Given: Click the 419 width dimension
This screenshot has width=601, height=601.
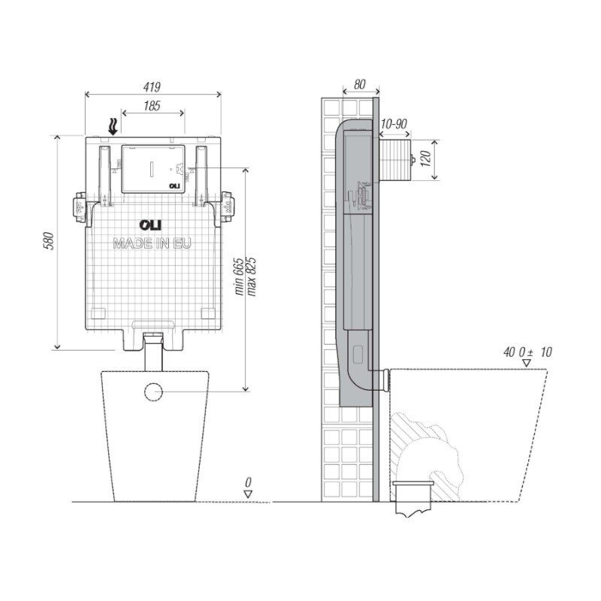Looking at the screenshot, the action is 152,87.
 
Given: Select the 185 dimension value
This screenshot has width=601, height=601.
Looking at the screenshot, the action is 152,106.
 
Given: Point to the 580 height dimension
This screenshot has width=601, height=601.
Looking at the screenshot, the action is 50,241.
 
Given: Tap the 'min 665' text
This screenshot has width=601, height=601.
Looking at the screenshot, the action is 239,276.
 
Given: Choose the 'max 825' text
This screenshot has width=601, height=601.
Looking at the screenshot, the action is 252,276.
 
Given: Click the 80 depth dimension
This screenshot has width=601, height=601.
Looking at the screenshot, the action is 360,84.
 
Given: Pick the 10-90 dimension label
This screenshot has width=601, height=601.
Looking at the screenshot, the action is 394,124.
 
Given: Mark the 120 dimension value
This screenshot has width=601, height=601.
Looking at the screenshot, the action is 426,159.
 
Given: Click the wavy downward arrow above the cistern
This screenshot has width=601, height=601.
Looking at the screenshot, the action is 113,126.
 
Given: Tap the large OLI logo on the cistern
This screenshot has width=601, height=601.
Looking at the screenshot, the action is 150,225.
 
